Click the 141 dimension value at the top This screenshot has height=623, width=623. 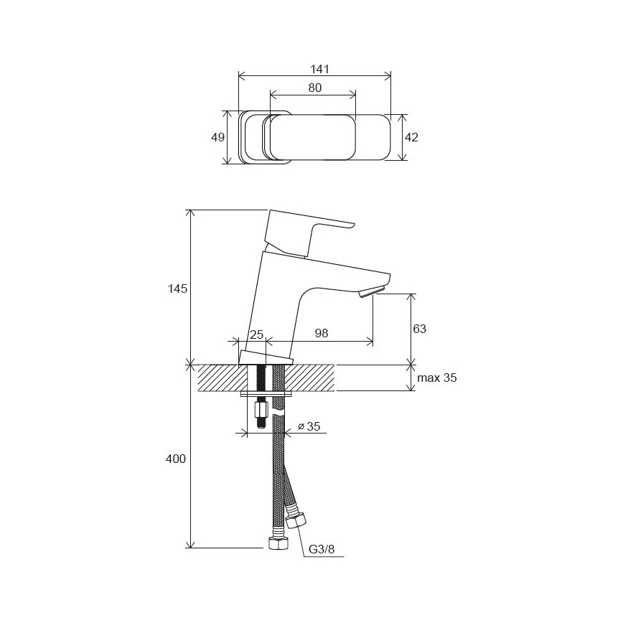point(319,69)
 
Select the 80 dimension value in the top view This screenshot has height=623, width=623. point(314,88)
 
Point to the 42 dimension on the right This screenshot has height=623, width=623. point(411,137)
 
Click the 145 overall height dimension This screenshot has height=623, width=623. point(178,289)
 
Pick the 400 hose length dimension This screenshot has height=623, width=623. point(177,459)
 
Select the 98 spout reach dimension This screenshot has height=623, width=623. point(322,333)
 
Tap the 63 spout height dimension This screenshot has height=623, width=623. point(420,329)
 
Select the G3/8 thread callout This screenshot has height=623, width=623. point(322,550)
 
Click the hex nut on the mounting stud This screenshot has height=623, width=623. point(261,411)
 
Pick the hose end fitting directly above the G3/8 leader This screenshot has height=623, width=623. point(296,519)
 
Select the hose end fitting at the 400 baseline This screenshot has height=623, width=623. point(276,542)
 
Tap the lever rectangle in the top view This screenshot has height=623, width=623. point(312,137)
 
